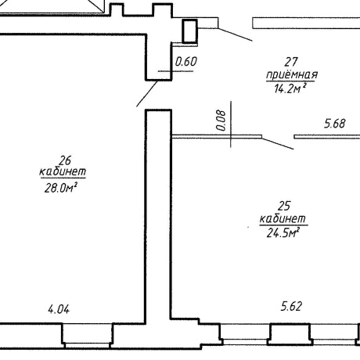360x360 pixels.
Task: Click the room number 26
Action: point(65,160)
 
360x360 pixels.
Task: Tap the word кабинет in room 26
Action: point(63,171)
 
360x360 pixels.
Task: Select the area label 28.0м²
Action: point(61,188)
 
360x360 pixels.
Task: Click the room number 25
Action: point(284,206)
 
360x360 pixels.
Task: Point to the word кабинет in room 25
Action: point(283,218)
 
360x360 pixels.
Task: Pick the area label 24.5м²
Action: point(283,232)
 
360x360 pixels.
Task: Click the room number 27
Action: point(291,62)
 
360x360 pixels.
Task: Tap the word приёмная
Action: point(292,75)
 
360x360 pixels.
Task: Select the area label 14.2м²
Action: point(290,88)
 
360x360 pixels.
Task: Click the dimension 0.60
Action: point(186,62)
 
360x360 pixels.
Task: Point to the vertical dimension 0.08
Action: point(221,121)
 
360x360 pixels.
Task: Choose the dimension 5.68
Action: point(335,124)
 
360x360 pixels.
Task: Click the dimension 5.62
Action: point(291,306)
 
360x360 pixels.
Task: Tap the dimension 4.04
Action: point(59,310)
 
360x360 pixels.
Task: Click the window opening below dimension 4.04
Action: point(87,336)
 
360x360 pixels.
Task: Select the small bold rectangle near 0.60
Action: point(189,31)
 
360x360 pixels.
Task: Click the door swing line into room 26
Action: point(147,94)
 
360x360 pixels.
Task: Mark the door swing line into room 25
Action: point(278,143)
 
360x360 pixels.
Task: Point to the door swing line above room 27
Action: point(235,34)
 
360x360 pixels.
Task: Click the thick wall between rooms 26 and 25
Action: point(158,217)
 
